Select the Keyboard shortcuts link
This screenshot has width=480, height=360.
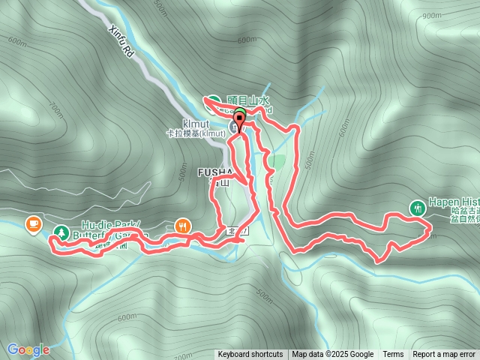(x=250, y=355)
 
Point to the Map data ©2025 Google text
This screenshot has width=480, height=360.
(x=333, y=355)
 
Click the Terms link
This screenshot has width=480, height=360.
(x=393, y=355)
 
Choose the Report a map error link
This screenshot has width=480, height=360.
(x=444, y=355)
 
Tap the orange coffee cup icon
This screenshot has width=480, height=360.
(x=33, y=223)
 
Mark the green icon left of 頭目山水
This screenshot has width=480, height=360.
(x=214, y=101)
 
